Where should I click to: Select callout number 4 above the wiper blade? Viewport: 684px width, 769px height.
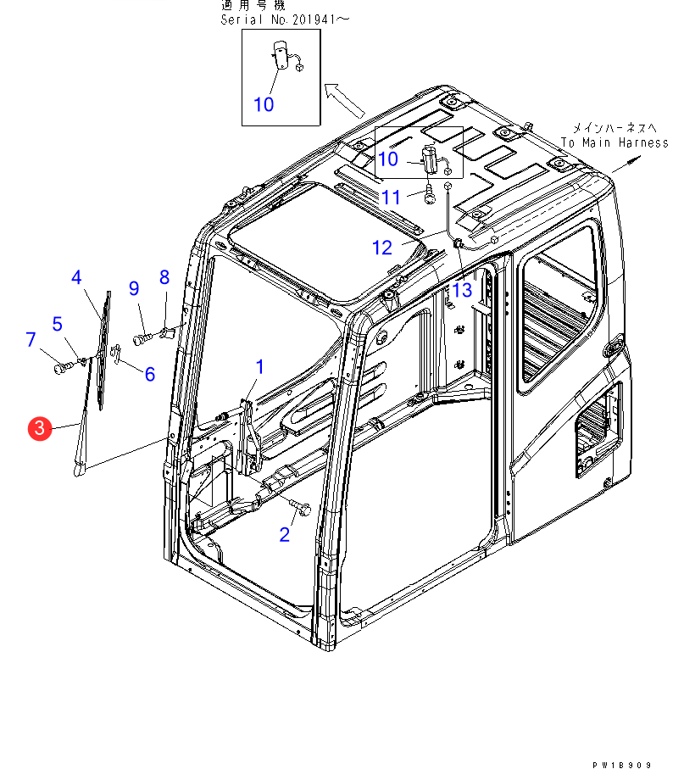pyautogui.click(x=76, y=277)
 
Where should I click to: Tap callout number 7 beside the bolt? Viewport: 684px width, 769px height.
pyautogui.click(x=31, y=340)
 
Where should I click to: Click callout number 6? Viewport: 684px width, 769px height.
pyautogui.click(x=150, y=373)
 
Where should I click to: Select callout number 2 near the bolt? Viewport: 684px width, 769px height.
pyautogui.click(x=285, y=534)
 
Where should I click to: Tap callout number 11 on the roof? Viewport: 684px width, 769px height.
pyautogui.click(x=391, y=197)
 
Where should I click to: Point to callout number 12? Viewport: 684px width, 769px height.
pyautogui.click(x=382, y=248)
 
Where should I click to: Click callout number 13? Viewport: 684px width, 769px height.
pyautogui.click(x=461, y=290)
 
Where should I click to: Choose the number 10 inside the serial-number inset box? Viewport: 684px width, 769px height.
pyautogui.click(x=264, y=104)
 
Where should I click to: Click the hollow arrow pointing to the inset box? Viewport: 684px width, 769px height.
pyautogui.click(x=344, y=100)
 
